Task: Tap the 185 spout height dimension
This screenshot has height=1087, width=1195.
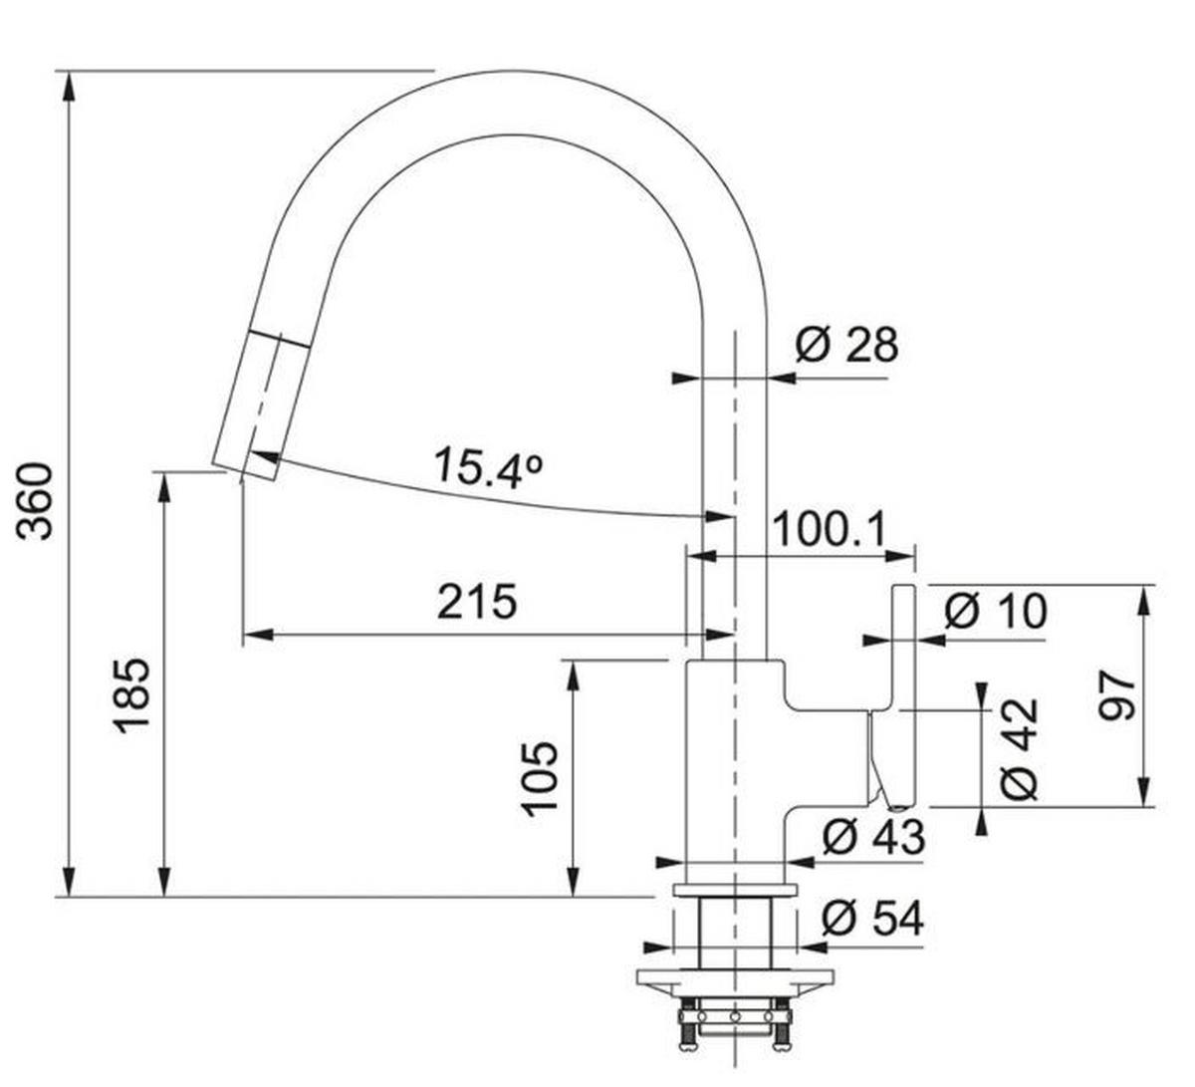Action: (x=131, y=694)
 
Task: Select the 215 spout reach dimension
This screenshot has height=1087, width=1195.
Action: (x=477, y=602)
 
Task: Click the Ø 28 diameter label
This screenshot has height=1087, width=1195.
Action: (x=846, y=346)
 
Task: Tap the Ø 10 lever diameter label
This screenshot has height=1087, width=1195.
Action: (x=995, y=610)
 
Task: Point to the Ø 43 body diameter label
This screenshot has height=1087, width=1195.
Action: (x=873, y=837)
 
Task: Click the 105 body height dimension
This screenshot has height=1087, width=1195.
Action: (x=542, y=778)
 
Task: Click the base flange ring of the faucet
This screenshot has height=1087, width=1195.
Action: (x=734, y=889)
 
